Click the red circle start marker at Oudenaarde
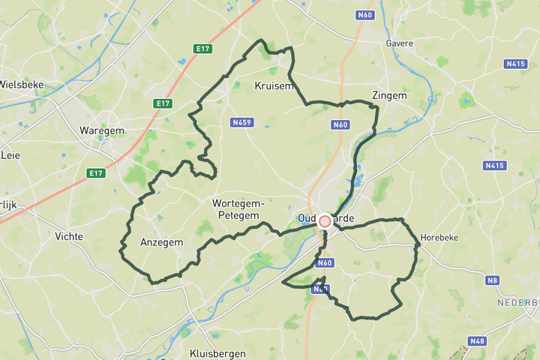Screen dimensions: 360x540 coord(325,221)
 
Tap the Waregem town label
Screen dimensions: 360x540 coord(101,130)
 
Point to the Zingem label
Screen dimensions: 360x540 coord(389,96)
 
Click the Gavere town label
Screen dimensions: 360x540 coord(399,43)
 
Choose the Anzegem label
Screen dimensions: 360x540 coord(161,242)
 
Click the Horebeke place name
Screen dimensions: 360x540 coord(439,237)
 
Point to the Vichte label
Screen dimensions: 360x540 coord(69,236)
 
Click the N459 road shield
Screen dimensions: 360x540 coord(241,121)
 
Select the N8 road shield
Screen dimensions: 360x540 coord(493,280)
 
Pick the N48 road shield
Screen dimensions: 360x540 coord(476,341)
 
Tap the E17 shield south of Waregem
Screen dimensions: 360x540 coord(95,173)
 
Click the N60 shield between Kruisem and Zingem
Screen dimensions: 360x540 coord(341,125)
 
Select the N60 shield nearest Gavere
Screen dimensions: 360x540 coord(365,14)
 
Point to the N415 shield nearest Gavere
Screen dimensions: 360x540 coord(516,64)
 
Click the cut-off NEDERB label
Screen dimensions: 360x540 coord(519,302)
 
